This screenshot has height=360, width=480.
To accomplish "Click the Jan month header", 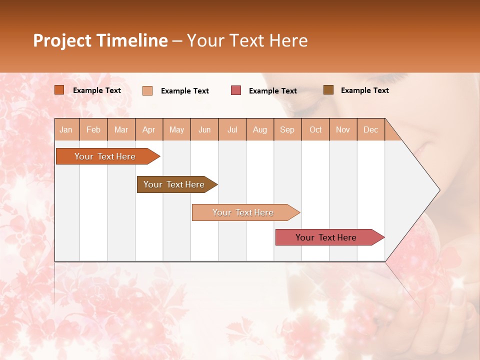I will coord(66,129).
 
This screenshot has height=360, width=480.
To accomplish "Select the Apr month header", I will coord(149,129).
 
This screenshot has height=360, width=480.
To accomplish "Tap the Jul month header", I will coord(232,129).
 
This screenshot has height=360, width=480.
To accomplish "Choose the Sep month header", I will coord(287,129).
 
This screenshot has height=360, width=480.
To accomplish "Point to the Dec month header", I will coord(370,129).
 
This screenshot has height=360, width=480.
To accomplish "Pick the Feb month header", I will coord(93,129).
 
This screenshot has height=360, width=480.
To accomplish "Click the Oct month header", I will coord(315,129).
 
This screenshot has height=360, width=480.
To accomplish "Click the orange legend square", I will coord(59,90).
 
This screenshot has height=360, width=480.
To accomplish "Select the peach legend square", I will coord(147,90).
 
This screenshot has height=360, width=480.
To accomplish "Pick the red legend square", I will coord(236,90).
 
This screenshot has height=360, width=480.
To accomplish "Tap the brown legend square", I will coord(328,90).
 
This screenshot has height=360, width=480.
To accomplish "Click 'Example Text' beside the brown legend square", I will coord(364,90).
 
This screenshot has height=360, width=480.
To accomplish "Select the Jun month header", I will coord(204,129).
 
